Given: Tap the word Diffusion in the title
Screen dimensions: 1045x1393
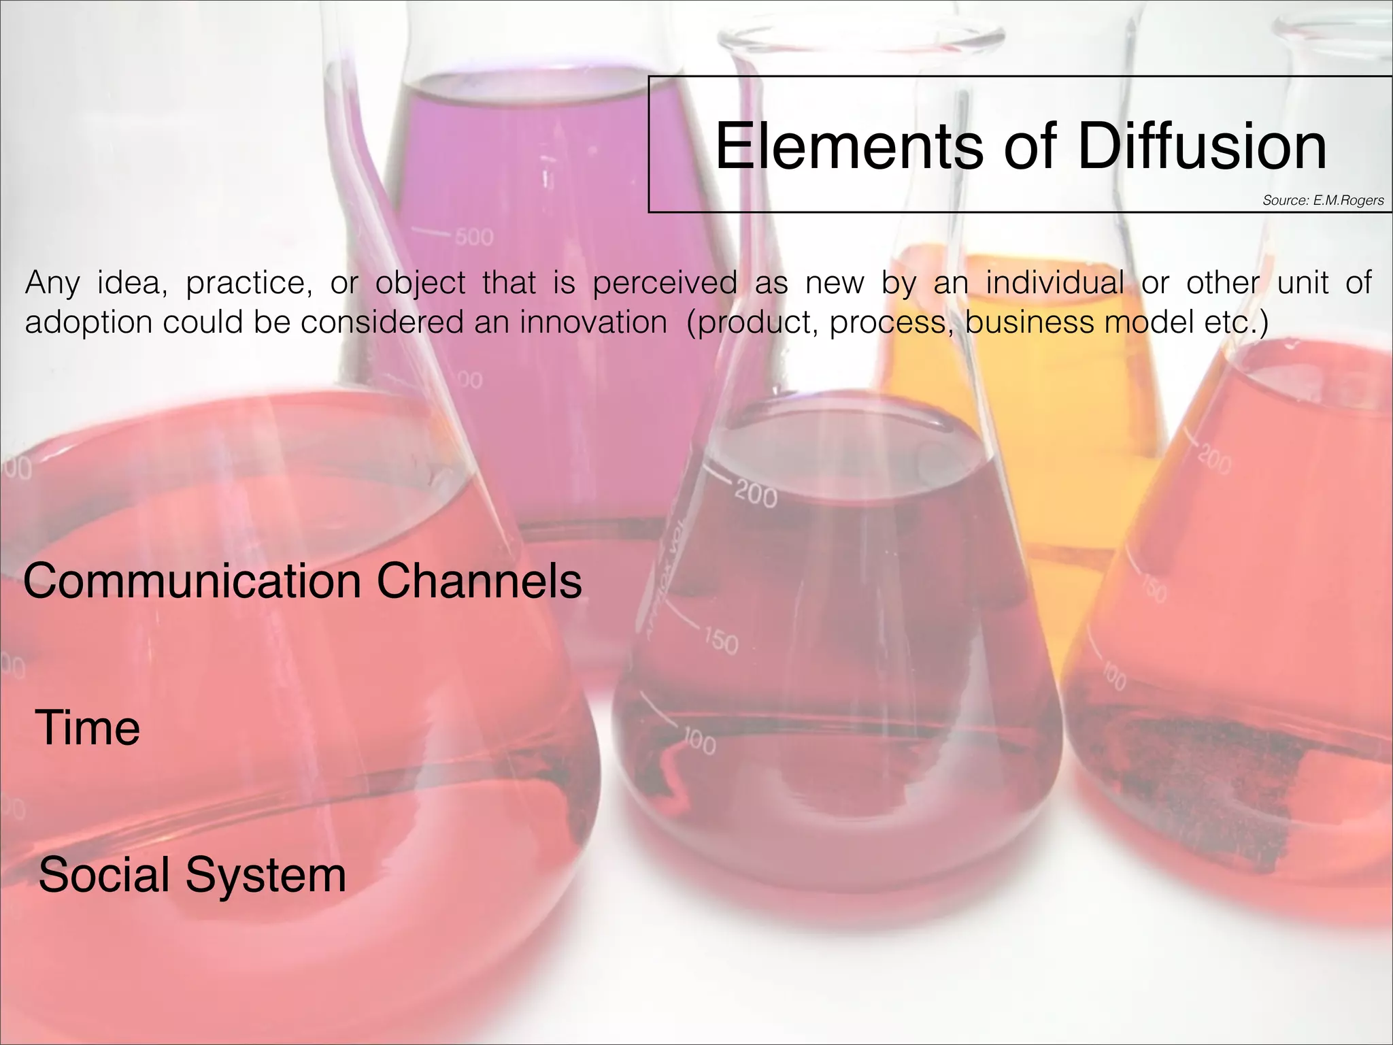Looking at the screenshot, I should (1202, 146).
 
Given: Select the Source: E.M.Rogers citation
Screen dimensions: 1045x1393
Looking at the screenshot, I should (1323, 200).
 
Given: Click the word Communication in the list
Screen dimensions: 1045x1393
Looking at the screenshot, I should (192, 581).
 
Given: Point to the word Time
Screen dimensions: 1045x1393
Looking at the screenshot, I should (87, 727).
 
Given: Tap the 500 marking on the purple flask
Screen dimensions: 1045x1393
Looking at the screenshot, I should (474, 237).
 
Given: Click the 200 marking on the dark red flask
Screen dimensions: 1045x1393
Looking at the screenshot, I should (756, 495).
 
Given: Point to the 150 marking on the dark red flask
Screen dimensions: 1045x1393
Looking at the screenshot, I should (721, 642).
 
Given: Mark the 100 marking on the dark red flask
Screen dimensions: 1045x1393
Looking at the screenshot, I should (699, 742).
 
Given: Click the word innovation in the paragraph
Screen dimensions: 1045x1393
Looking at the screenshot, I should (593, 322).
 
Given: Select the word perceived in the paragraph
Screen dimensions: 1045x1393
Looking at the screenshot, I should (665, 282).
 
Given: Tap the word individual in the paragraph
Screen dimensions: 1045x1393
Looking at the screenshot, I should (1055, 282).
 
